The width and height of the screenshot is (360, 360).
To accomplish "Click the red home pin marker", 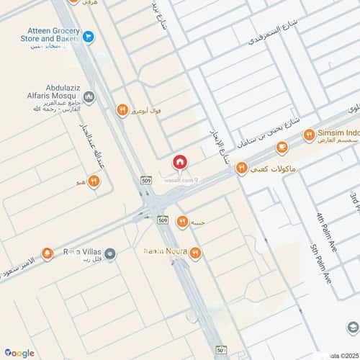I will [x=180, y=163].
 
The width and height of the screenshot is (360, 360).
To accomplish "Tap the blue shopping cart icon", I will [x=88, y=35].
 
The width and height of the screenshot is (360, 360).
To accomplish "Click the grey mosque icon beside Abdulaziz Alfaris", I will [x=89, y=96].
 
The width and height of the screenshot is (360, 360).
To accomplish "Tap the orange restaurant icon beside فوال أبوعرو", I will [x=122, y=109].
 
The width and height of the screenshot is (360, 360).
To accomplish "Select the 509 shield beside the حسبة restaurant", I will [x=162, y=219].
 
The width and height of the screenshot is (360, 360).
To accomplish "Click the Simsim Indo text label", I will [x=338, y=134].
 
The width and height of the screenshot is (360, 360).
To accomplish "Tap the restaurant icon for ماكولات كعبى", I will [x=242, y=168].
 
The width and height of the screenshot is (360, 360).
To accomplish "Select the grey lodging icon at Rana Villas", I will [x=109, y=253].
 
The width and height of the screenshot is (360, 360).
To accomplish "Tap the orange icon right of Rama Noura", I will [x=195, y=252].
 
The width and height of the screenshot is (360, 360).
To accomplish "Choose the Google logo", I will [x=19, y=352].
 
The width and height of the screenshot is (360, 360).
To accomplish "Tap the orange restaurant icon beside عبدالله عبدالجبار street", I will [x=94, y=180].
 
